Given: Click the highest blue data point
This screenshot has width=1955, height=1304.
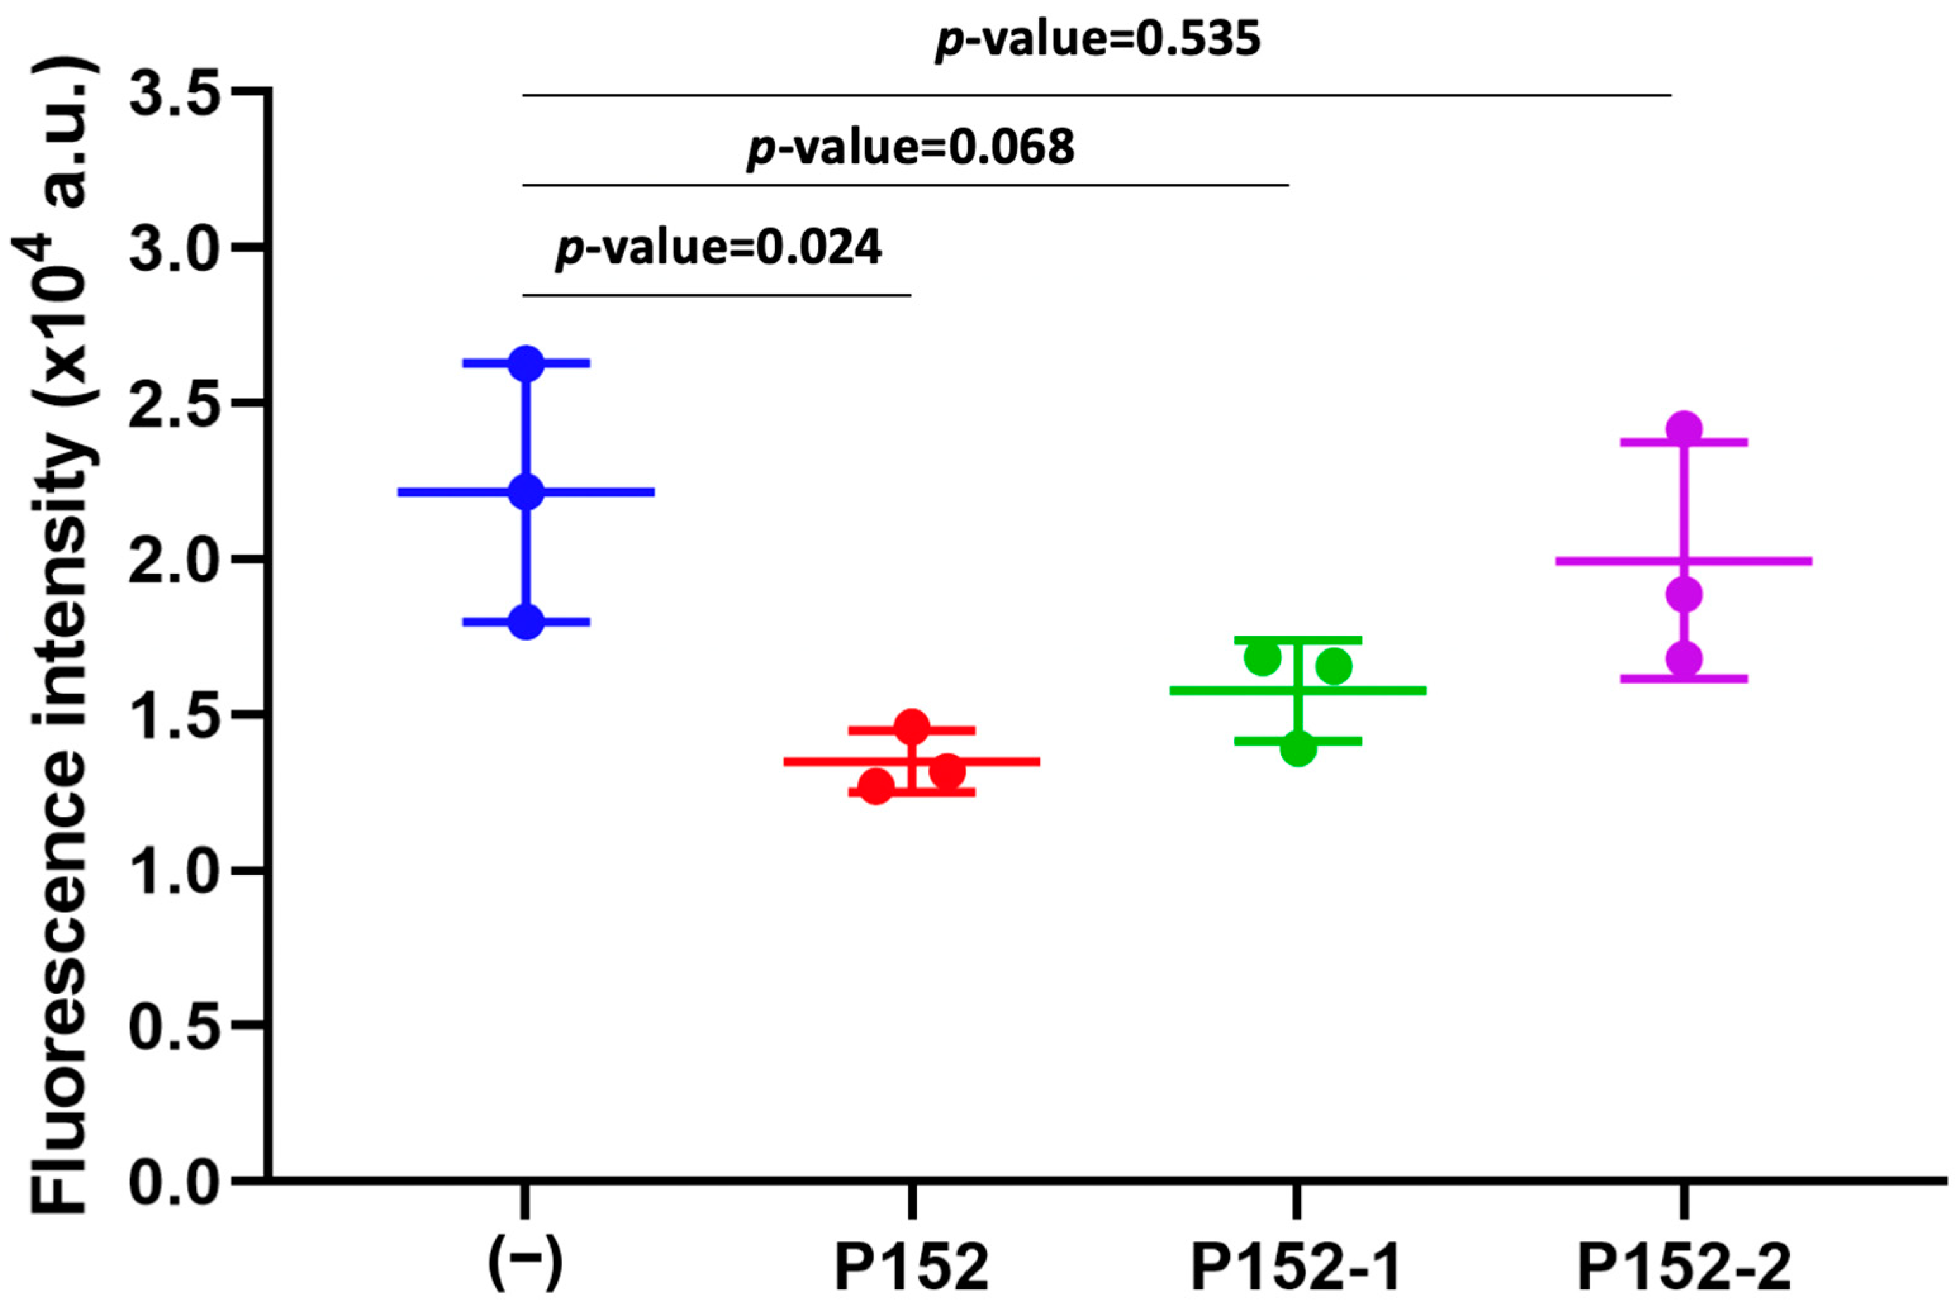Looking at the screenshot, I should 526,363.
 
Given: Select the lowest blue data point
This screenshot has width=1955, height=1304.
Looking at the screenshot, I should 526,621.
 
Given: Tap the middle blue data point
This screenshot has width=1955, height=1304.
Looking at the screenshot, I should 526,491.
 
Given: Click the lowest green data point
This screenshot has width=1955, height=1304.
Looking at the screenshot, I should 1298,748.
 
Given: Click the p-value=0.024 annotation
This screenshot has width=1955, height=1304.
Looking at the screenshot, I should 718,248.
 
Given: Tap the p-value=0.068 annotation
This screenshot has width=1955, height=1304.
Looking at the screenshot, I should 910,149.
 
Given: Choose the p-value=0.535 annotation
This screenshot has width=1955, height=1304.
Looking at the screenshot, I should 1098,40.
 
